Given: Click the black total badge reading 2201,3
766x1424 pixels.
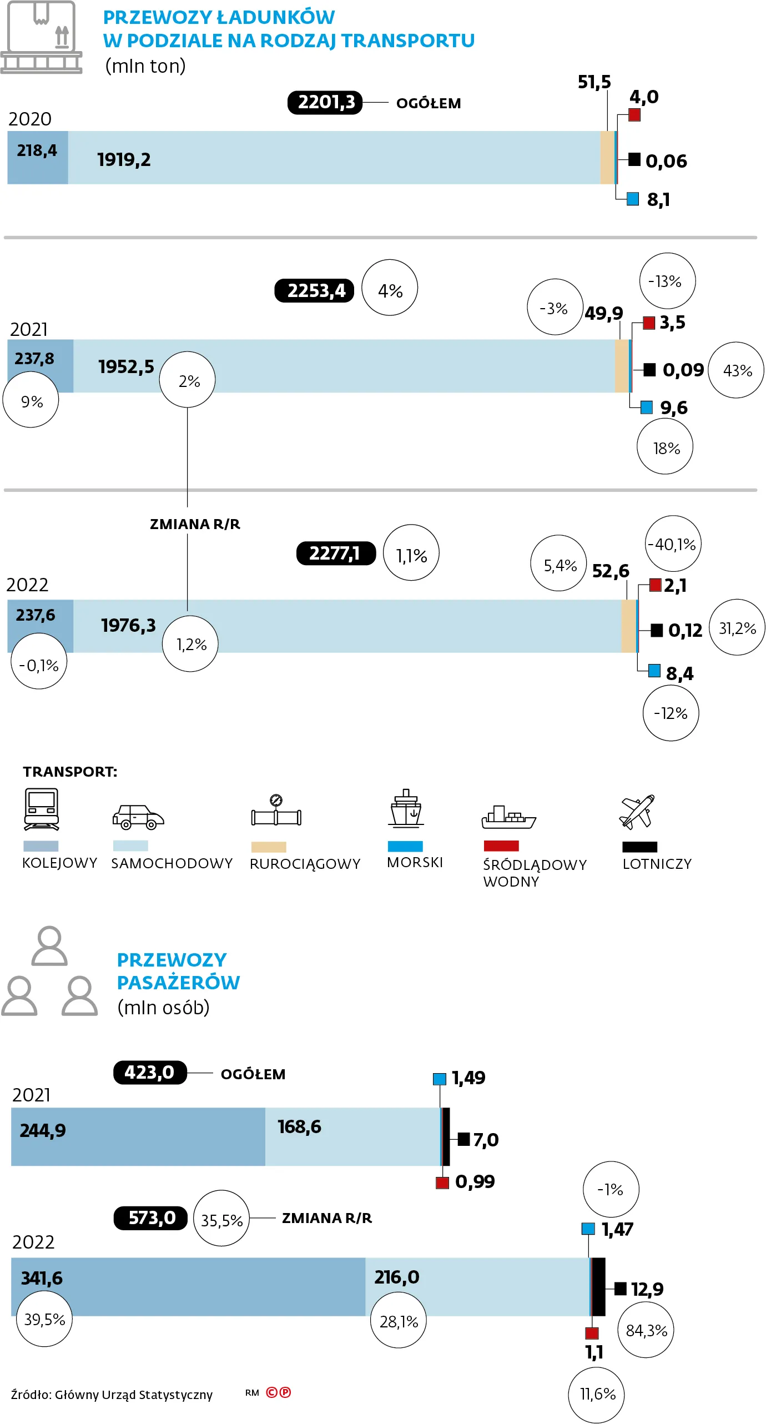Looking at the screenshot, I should pos(325,103).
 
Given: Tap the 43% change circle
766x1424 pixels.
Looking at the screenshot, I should pos(737,370).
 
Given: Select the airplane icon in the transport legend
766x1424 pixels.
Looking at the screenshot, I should pos(637,812).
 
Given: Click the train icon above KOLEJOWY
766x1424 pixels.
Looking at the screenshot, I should pos(42,809).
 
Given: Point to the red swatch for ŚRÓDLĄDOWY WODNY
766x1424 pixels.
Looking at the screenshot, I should pos(501,846).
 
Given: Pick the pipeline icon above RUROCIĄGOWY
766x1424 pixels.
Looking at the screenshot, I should pos(276,812).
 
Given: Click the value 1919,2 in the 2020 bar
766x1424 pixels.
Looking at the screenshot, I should pos(124,160).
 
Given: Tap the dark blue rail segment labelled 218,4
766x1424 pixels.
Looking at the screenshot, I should pos(37,157).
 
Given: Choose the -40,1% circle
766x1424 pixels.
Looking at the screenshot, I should pos(673,544).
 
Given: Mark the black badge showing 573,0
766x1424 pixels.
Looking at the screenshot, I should pos(150,1218).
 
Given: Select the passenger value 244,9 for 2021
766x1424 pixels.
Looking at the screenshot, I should pos(43,1131).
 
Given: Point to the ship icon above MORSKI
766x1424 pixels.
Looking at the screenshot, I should pos(406,808).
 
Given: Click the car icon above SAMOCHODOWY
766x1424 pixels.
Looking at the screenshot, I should pos(138,817).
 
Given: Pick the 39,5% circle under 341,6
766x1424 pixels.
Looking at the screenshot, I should pos(44,1319).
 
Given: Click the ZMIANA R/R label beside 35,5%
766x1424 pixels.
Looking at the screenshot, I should pos(327,1218).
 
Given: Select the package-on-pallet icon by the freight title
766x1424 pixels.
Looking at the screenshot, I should pos(41,37).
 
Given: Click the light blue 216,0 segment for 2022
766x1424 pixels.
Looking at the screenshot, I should pos(477,1286).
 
